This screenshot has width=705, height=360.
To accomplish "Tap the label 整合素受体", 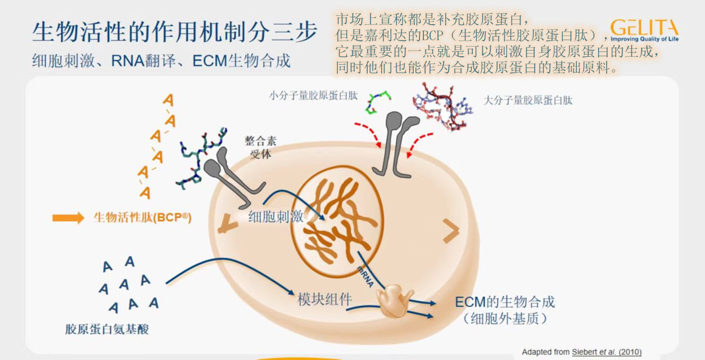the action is pos(260,147).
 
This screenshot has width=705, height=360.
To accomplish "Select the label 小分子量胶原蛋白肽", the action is pos(313,96).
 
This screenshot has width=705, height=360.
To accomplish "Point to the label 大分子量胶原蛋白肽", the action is pos(528,100).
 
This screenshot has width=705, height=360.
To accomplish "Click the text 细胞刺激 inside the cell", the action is pos(275,217).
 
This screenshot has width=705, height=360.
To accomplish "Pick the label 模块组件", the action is pos(324,299).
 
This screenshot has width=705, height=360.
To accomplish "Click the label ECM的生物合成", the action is pos(504,301).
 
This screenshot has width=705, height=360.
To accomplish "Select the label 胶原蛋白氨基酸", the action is pos(107,329).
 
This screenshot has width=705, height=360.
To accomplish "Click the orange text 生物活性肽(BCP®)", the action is pos(142,218).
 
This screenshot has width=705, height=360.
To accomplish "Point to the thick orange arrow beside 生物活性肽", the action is pos(68,218).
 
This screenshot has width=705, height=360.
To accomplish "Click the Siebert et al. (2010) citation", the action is pos(606,352).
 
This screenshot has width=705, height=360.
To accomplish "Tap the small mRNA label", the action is pos(365,276).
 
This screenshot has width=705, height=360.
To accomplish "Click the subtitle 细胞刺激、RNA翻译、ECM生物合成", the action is pos(161,61).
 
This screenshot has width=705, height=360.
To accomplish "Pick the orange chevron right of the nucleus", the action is pos(451,229).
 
